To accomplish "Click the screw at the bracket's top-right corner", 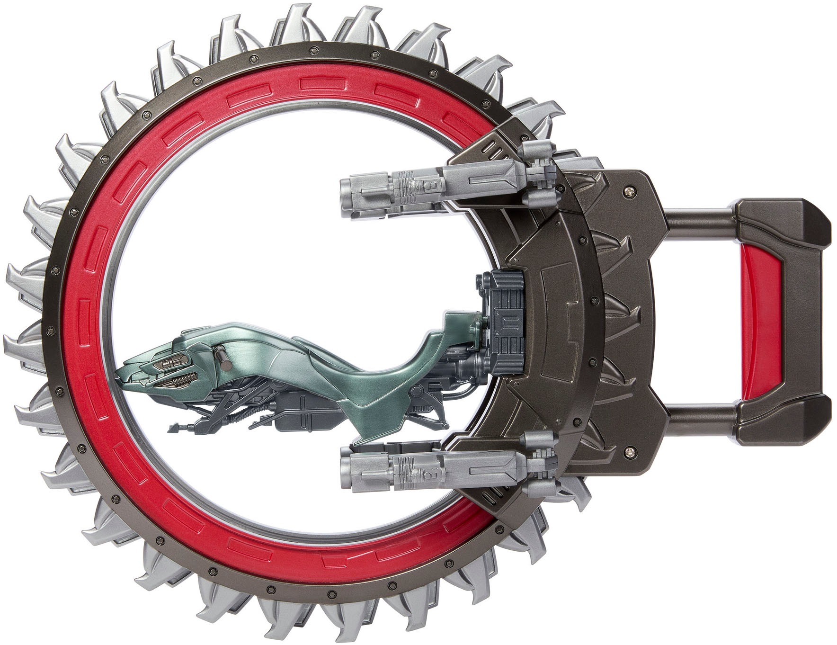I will [630, 191].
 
